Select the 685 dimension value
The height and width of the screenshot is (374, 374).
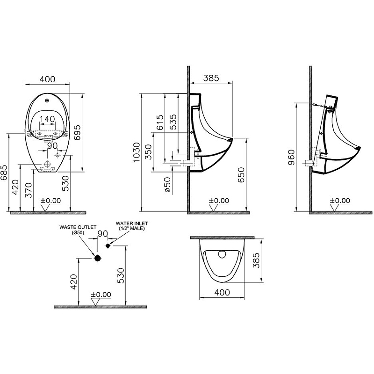(5, 173)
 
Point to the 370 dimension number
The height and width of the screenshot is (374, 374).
(29, 189)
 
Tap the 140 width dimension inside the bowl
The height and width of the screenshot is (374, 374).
(47, 120)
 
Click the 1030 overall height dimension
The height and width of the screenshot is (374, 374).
(137, 152)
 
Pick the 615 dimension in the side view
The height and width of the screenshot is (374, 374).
(160, 122)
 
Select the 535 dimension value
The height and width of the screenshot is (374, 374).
(173, 122)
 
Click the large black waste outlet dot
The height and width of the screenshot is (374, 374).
(97, 258)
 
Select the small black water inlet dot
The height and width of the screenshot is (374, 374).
(108, 245)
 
